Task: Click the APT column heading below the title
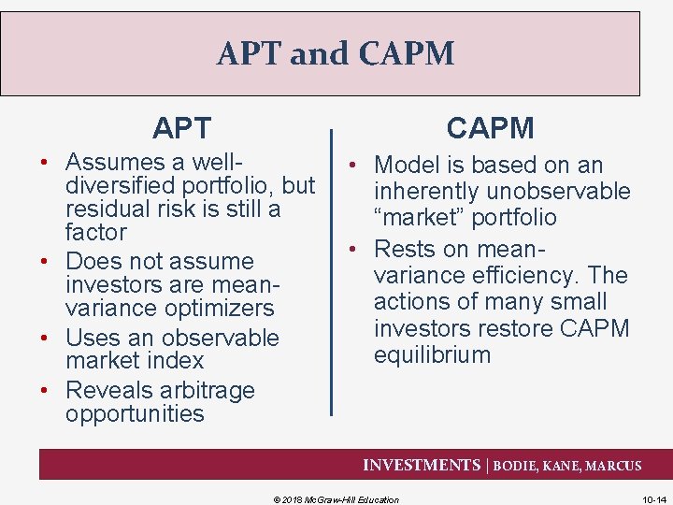(x=182, y=127)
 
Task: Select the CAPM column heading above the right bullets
(x=490, y=127)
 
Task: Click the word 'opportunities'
(x=135, y=413)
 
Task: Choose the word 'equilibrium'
(x=432, y=354)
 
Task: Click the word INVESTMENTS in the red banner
(x=421, y=465)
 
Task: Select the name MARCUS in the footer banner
(x=612, y=466)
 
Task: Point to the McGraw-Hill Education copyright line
(x=336, y=499)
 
